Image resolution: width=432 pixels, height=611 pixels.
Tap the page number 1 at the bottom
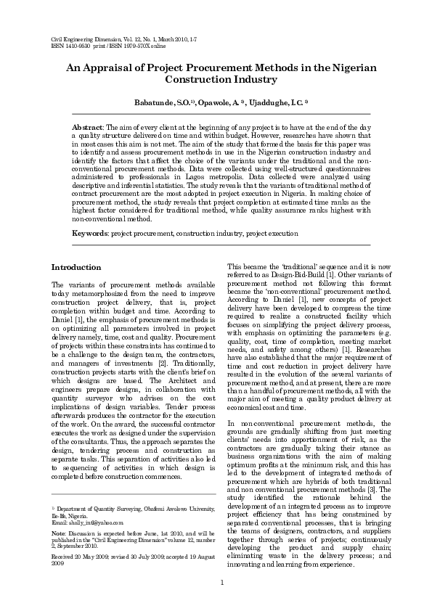click(221, 583)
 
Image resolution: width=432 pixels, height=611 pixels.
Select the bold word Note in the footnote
click(59, 533)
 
